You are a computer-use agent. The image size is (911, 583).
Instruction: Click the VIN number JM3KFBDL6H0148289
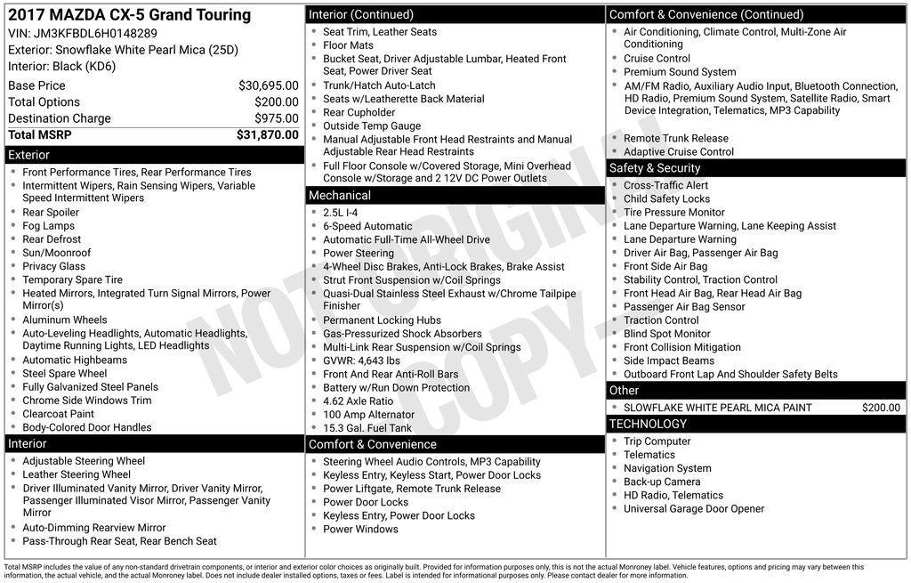95,34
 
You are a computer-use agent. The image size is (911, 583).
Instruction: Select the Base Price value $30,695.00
268,85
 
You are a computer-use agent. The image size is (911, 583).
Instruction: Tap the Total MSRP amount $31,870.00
267,134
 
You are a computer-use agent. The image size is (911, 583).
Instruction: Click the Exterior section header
29,155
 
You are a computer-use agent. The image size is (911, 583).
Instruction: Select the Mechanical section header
339,195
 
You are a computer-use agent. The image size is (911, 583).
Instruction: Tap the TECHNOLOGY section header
648,424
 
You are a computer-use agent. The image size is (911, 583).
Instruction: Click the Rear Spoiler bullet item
51,213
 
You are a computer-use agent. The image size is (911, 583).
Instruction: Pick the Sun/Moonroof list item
57,253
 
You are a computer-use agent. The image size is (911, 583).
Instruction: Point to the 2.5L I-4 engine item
341,213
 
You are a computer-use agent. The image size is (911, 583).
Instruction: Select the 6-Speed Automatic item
367,226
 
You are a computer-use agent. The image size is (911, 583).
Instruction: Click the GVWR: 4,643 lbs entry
361,360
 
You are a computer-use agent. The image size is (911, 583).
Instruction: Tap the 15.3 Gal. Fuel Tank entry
367,428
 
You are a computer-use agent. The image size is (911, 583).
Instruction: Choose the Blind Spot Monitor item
667,334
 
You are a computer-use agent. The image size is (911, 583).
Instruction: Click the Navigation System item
667,468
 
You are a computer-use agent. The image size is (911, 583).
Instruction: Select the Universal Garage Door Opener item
694,509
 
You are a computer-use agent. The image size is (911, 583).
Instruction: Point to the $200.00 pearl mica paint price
881,408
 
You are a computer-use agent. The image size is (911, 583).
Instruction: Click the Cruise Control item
657,59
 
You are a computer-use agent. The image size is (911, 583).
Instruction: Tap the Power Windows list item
360,529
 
